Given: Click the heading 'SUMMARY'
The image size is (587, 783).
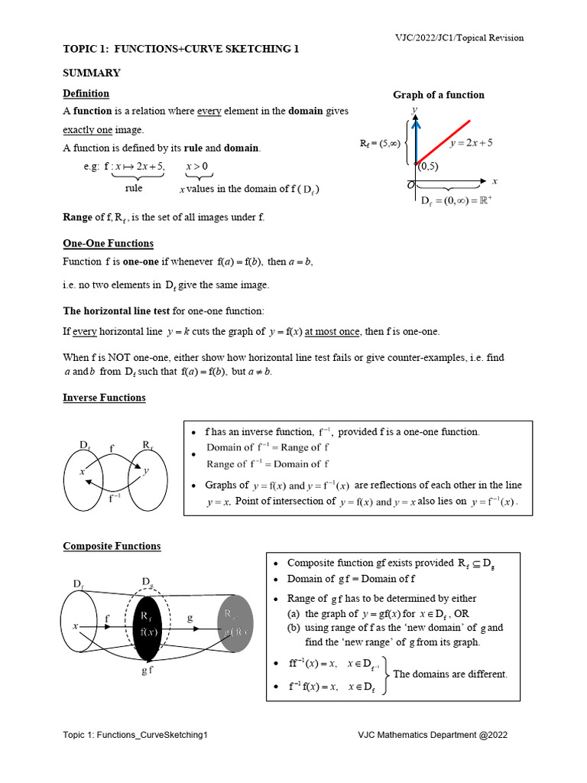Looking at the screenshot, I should click(91, 73).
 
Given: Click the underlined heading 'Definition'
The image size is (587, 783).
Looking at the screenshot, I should click(86, 93).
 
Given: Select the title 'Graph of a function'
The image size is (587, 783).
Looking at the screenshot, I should click(438, 95).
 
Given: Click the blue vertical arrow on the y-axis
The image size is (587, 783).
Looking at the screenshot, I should click(415, 138).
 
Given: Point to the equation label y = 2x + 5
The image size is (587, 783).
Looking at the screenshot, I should click(472, 143).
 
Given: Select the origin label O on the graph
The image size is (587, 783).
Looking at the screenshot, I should click(410, 185).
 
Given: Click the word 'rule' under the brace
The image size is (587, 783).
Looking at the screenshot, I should click(134, 188).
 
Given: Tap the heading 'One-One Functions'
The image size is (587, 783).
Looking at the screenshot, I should click(108, 243).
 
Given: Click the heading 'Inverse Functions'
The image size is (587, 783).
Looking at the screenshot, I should click(104, 398).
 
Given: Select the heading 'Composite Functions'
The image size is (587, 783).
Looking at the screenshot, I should click(112, 546).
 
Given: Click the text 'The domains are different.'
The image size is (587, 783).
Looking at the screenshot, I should click(449, 674).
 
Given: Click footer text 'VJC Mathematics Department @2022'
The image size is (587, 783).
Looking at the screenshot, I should click(433, 735).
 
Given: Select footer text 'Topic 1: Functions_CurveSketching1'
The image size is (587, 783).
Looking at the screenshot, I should click(135, 735).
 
